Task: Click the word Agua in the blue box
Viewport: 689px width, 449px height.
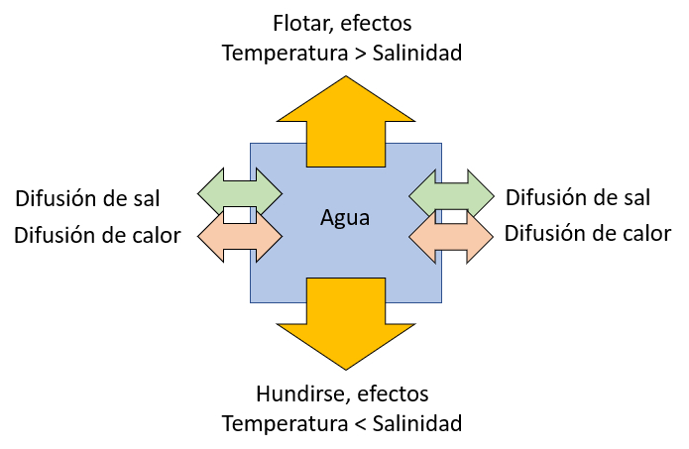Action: click(x=345, y=218)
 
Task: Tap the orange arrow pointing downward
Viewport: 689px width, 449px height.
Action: click(x=345, y=317)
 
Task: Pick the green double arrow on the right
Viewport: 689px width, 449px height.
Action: click(x=450, y=191)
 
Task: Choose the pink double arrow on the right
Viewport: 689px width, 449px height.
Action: click(x=450, y=237)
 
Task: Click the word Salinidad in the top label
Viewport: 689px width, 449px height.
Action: click(x=416, y=53)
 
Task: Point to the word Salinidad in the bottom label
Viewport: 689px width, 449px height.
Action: click(x=416, y=425)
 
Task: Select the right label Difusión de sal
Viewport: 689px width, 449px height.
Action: click(x=578, y=197)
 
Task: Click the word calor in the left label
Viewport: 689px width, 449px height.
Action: click(x=157, y=236)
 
